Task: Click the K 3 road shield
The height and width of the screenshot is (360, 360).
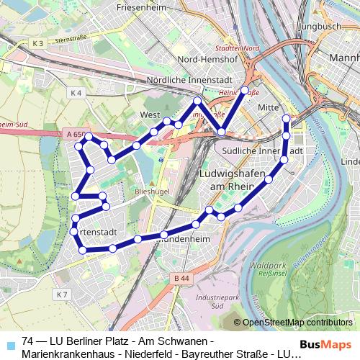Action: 38,45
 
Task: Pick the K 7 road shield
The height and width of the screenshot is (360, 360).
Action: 63,295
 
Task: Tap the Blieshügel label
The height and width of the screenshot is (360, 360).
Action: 150,193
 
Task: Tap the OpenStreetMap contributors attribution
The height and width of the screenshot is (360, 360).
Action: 297,323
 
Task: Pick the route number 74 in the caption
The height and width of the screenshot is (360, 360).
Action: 29,341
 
